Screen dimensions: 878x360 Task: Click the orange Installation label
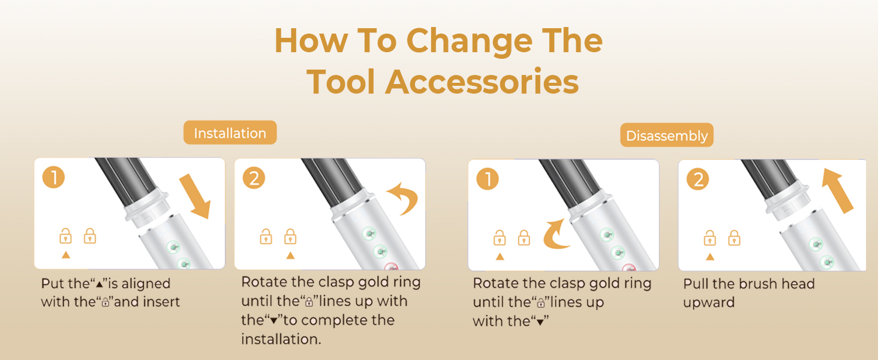pos(230,133)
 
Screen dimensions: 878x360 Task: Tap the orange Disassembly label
pos(667,135)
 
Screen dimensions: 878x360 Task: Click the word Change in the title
pos(470,41)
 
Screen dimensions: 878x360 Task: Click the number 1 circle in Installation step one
pos(54,177)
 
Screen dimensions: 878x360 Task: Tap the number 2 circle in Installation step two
pos(254,178)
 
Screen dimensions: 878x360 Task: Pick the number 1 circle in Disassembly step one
pos(488,179)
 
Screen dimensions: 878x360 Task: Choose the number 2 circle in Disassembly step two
pos(698,179)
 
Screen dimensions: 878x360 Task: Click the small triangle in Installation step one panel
pos(66,255)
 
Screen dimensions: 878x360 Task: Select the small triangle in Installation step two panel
pos(290,255)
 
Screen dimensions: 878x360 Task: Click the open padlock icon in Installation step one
pos(65,236)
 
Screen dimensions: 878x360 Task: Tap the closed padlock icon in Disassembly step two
pos(734,238)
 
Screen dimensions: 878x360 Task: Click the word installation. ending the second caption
pos(281,339)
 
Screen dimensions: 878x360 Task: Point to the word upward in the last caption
pos(709,302)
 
